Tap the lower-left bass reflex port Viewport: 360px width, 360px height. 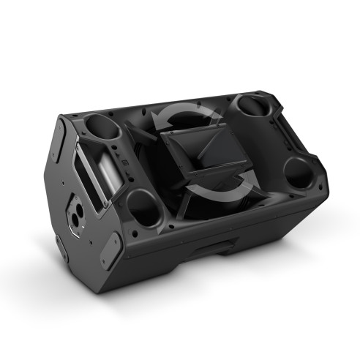click(143, 209)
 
